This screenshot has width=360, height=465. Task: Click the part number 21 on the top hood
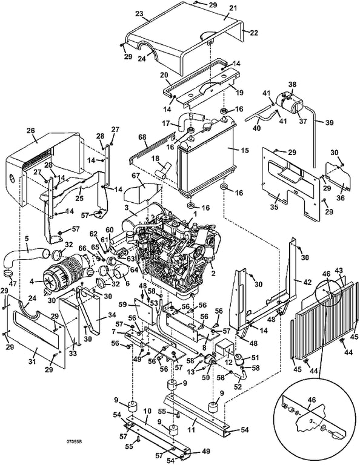(233, 8)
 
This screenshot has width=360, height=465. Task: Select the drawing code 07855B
(74, 441)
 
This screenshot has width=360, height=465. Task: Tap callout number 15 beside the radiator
(245, 150)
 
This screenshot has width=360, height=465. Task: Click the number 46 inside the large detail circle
(312, 400)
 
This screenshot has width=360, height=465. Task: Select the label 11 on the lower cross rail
(192, 429)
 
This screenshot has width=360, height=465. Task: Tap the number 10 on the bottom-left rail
(147, 411)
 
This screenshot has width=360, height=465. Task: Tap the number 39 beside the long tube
(329, 122)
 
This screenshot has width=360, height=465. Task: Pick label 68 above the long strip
(143, 137)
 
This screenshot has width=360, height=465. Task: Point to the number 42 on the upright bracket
(307, 283)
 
